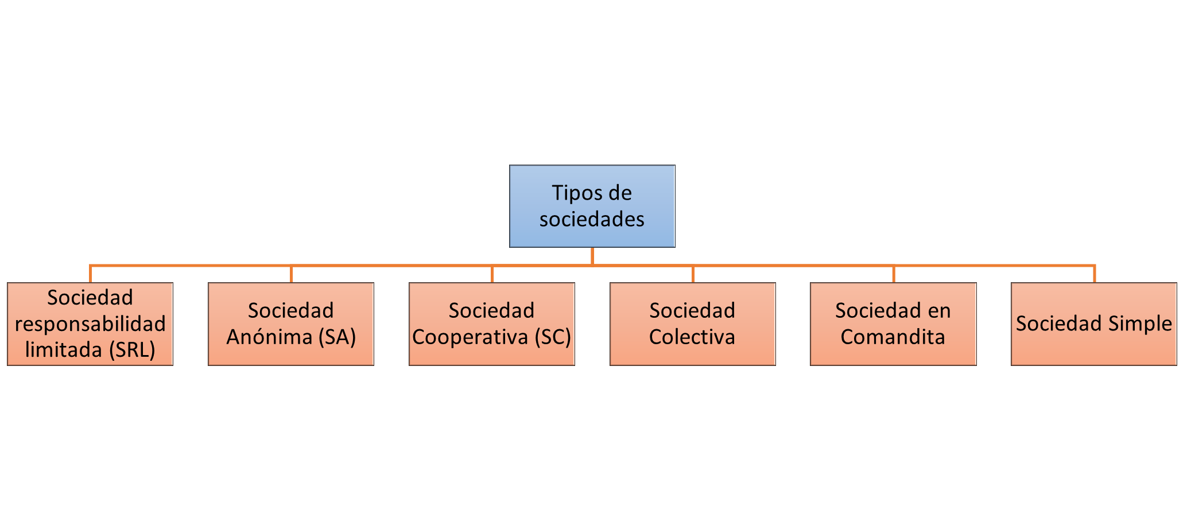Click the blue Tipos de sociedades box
click(x=592, y=206)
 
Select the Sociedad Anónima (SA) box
click(x=291, y=324)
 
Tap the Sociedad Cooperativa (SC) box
click(x=492, y=324)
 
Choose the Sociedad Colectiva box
click(x=693, y=324)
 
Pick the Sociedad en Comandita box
click(x=893, y=324)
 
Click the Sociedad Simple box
click(x=1094, y=324)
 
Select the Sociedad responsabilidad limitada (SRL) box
click(x=90, y=324)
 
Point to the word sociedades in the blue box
click(x=592, y=219)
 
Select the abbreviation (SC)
click(x=553, y=337)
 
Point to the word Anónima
click(x=269, y=336)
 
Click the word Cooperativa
click(x=470, y=337)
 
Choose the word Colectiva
click(x=692, y=337)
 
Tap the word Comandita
click(x=893, y=337)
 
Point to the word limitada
click(x=63, y=349)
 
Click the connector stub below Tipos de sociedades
click(x=592, y=256)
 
